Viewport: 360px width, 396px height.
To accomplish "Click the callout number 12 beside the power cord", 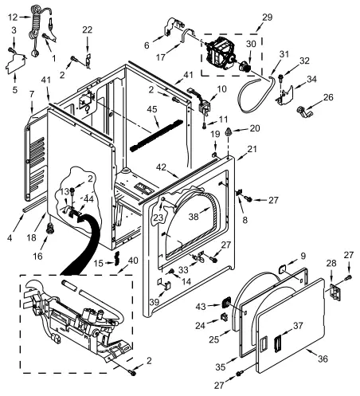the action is coord(13,18).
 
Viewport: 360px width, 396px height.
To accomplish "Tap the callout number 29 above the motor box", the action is coord(267,18).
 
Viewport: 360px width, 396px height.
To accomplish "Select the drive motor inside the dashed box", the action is coord(221,53).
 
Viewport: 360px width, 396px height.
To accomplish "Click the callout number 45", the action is coord(152,109).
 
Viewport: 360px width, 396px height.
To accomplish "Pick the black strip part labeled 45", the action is coord(157,135).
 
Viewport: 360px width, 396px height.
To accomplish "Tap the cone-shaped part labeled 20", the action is coord(228,131).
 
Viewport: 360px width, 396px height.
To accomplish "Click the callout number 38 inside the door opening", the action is coord(194,217).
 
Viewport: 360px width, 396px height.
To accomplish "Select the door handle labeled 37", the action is coord(278,343).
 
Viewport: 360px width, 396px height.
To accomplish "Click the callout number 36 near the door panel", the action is coord(323,359).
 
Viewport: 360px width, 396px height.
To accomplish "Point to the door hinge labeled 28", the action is coord(335,292).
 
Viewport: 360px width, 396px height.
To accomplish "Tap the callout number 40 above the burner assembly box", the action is coord(133,261).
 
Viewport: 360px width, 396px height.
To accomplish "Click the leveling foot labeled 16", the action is coord(49,229).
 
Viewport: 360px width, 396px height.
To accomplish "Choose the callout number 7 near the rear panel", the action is coord(32,94).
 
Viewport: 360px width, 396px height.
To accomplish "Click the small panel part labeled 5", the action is coord(16,64).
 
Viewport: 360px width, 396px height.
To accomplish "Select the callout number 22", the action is coord(87,29).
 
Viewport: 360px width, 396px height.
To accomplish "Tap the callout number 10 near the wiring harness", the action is coord(221,88).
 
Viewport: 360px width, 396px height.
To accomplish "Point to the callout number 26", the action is coord(328,97).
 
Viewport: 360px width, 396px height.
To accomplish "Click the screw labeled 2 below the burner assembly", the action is coord(131,373).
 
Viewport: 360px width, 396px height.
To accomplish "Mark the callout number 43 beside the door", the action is coord(201,307).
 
